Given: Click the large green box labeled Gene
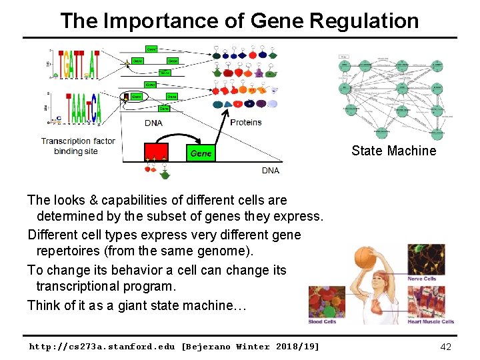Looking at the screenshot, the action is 201,153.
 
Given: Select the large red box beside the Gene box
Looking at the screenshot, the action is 156,153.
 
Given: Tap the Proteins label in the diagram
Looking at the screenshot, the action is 245,122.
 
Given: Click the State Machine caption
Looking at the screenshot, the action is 393,151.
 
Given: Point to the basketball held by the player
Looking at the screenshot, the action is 365,257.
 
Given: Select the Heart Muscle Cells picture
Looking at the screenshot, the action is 430,301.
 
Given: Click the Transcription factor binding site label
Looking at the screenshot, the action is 77,146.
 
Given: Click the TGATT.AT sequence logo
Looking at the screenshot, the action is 79,63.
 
